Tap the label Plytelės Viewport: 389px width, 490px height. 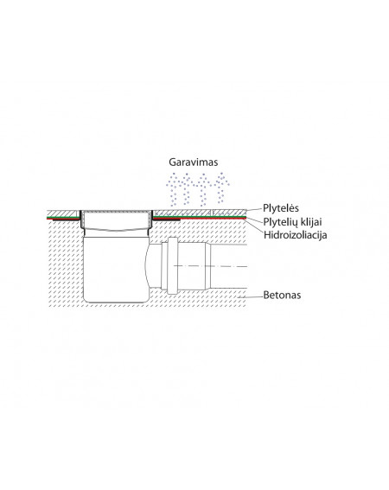point(281,208)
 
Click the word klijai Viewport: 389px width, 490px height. point(309,222)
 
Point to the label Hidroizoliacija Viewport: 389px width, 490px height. point(295,235)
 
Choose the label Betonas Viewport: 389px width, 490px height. point(282,295)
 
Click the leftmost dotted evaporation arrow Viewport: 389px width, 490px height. point(175,190)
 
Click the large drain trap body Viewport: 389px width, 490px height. point(116,269)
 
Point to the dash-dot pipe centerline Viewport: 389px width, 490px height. point(210,266)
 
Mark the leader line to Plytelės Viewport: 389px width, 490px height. point(253,210)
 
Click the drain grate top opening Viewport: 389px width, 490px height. point(117,212)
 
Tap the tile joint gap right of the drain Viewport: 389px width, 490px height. point(213,213)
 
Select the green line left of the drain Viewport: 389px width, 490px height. point(62,217)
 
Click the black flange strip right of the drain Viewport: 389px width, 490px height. point(166,220)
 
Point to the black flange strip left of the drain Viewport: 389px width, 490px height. point(66,220)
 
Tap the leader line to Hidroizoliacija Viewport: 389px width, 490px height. point(253,226)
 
